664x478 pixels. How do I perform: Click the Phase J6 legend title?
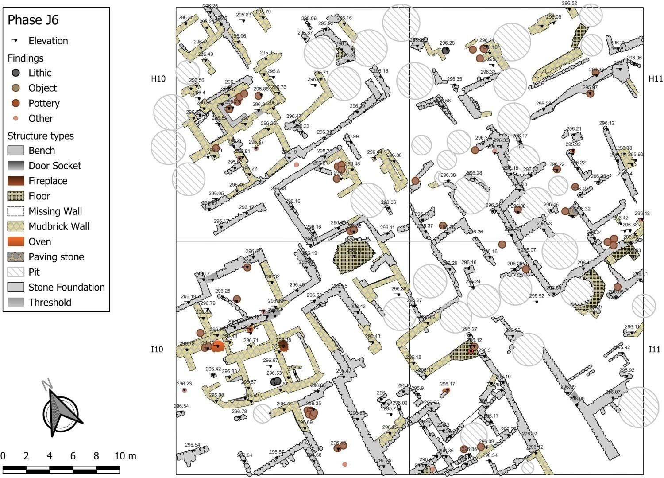click(x=33, y=20)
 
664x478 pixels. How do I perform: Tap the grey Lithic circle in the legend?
click(x=16, y=73)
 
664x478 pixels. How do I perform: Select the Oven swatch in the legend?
click(x=16, y=241)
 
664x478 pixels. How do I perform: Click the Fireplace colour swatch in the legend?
click(x=16, y=181)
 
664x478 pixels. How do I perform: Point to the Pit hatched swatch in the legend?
click(x=16, y=272)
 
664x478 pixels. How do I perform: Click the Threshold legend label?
click(x=50, y=302)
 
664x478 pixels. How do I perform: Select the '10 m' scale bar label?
click(x=125, y=456)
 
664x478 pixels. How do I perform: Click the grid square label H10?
click(x=158, y=79)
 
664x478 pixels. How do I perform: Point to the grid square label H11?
click(x=656, y=79)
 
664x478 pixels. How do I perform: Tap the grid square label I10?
click(x=157, y=350)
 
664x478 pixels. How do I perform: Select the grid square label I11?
click(x=654, y=350)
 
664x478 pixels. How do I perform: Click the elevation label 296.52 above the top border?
click(x=570, y=4)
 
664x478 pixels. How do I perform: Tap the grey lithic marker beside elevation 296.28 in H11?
click(x=446, y=51)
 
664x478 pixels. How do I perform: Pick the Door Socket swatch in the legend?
click(x=16, y=166)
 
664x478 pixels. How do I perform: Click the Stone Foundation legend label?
click(x=66, y=287)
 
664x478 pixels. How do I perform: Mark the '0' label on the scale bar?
click(x=3, y=456)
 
